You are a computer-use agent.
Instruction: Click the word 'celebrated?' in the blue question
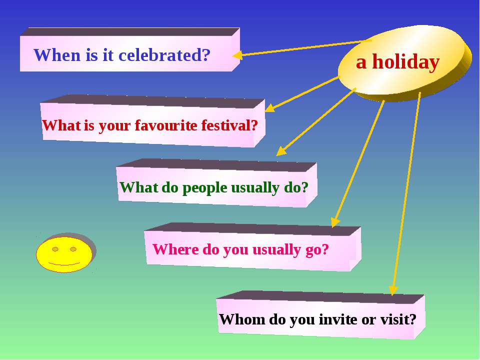[x=164, y=55]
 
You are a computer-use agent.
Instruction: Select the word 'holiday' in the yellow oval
[x=406, y=62]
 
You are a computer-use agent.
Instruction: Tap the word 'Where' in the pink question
[x=175, y=249]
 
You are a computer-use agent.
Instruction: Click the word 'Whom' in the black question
[x=242, y=319]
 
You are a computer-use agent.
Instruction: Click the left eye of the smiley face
[x=55, y=249]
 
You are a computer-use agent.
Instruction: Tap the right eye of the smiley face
[x=73, y=249]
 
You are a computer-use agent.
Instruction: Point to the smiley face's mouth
[x=64, y=263]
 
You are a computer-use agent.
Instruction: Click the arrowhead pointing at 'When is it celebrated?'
[x=237, y=55]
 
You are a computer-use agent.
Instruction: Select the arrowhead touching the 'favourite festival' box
[x=269, y=108]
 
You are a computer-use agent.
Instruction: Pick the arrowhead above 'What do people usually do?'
[x=280, y=151]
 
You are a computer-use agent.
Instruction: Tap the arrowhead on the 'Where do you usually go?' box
[x=335, y=222]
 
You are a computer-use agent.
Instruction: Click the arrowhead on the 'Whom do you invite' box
[x=393, y=290]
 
